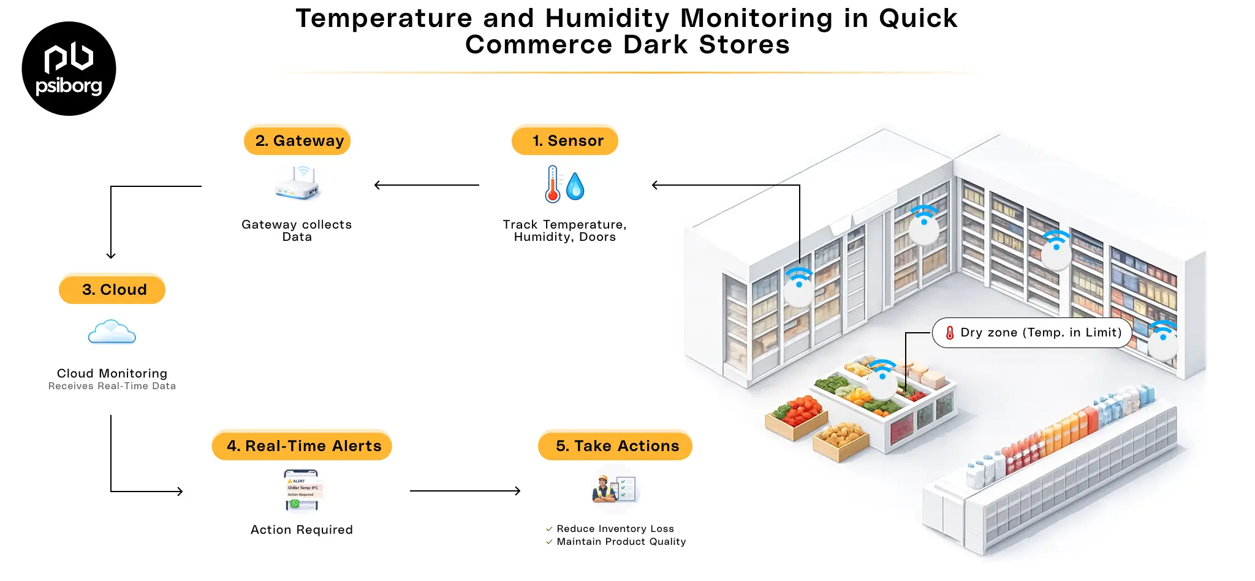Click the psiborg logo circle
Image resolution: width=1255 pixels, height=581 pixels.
click(x=69, y=69)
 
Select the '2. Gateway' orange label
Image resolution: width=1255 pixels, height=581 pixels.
click(x=297, y=140)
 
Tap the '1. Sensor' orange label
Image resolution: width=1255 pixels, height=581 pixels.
click(x=565, y=140)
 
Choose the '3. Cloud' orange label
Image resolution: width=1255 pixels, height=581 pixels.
click(x=112, y=289)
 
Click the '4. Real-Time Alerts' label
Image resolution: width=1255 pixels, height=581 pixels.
click(x=302, y=446)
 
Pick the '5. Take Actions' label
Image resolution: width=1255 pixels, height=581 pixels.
click(x=615, y=446)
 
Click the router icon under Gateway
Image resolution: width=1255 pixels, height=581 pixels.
click(x=298, y=184)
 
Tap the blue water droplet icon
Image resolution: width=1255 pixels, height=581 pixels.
click(x=575, y=186)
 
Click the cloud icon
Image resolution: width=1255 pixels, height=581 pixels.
click(x=112, y=332)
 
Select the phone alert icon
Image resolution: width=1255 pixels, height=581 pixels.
click(x=302, y=490)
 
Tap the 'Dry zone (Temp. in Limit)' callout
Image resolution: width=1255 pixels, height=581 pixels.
click(x=1032, y=333)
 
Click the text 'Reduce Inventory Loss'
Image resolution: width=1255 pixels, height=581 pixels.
click(x=615, y=528)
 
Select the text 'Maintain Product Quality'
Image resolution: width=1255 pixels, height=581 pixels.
click(x=621, y=542)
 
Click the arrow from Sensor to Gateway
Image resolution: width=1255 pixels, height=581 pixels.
click(x=427, y=185)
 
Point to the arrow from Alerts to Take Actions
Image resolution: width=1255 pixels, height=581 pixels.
click(x=464, y=491)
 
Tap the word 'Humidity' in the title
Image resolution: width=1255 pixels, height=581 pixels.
click(x=607, y=18)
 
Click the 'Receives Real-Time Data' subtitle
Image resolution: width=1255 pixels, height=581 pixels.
click(x=112, y=386)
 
